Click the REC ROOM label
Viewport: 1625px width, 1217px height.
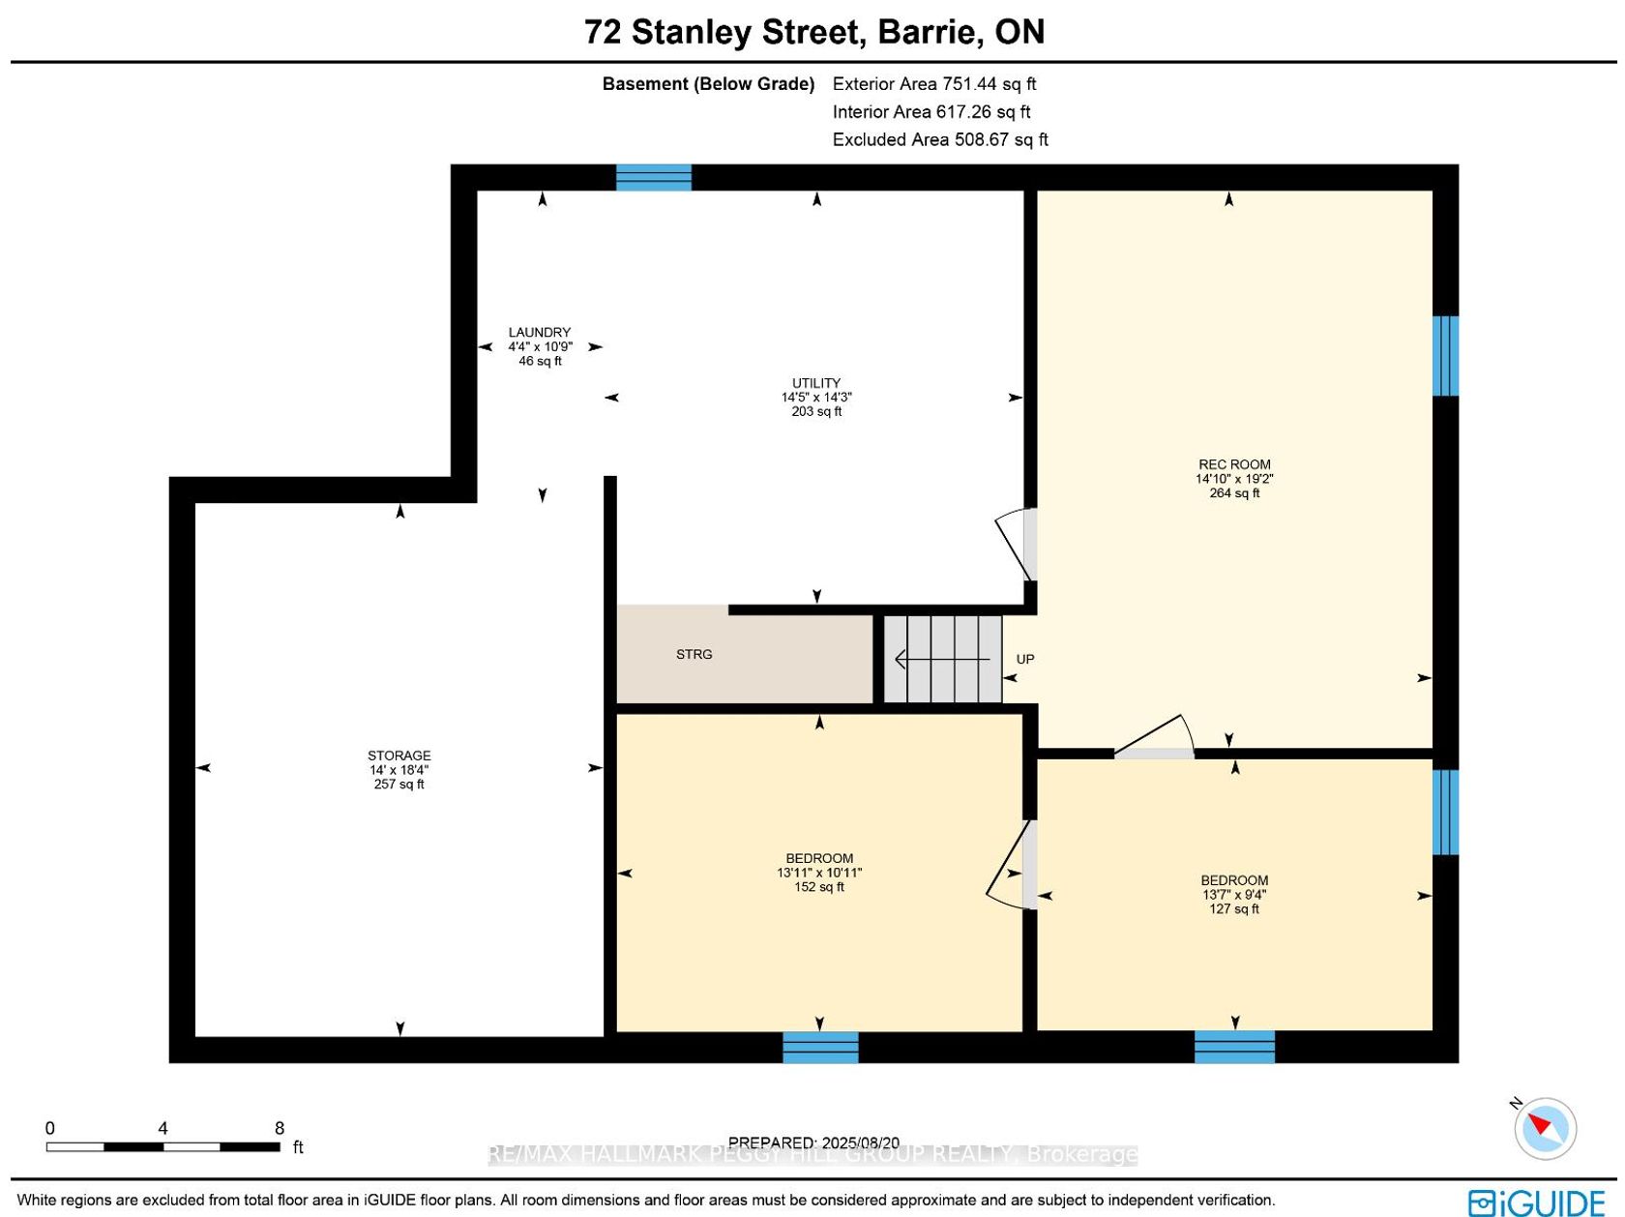coord(1234,464)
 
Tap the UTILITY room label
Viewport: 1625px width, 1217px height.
coord(815,383)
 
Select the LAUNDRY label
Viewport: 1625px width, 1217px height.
coord(539,333)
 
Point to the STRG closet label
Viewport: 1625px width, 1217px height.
coord(694,654)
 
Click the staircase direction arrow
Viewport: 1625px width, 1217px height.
coord(942,658)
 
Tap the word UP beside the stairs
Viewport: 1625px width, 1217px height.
coord(1024,659)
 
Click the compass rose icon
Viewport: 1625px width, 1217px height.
coord(1545,1128)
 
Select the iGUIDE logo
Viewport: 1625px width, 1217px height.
coord(1536,1202)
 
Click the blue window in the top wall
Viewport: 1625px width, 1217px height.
coord(654,178)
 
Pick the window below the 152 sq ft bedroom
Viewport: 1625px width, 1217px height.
coord(820,1048)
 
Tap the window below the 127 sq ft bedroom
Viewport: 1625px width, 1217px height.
coord(1234,1047)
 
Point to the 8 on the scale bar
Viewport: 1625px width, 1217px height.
coord(280,1128)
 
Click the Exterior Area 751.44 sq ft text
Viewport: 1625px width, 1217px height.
coord(933,83)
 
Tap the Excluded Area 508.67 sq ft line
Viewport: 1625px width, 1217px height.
coord(939,139)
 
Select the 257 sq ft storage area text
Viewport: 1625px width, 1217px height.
coord(399,784)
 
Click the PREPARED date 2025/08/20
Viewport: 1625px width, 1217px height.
coord(859,1143)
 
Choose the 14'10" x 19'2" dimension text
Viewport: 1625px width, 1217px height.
coord(1234,479)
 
